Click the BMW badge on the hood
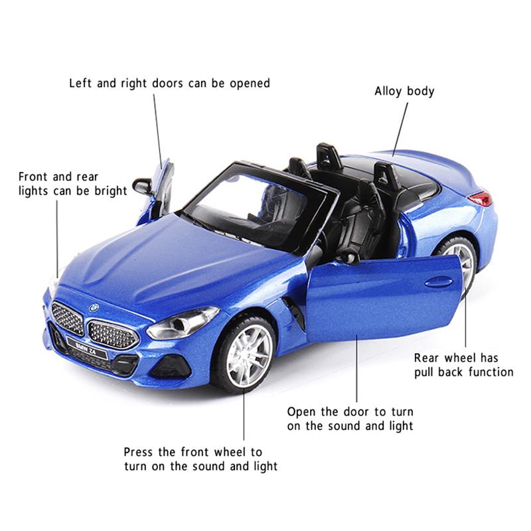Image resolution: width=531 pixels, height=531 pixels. coord(94,307)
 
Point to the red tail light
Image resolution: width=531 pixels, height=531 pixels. coord(480,197)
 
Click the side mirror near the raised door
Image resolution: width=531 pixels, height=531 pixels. coord(142,186)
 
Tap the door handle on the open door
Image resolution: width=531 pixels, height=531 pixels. coord(437,281)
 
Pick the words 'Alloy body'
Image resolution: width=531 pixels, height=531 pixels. coord(404,91)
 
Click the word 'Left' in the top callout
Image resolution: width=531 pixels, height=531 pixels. coord(81,84)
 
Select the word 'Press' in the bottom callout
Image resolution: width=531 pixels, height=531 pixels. coord(140,452)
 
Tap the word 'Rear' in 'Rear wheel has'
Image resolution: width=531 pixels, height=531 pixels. coord(428,357)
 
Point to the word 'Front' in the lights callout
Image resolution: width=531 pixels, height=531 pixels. coord(34,177)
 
